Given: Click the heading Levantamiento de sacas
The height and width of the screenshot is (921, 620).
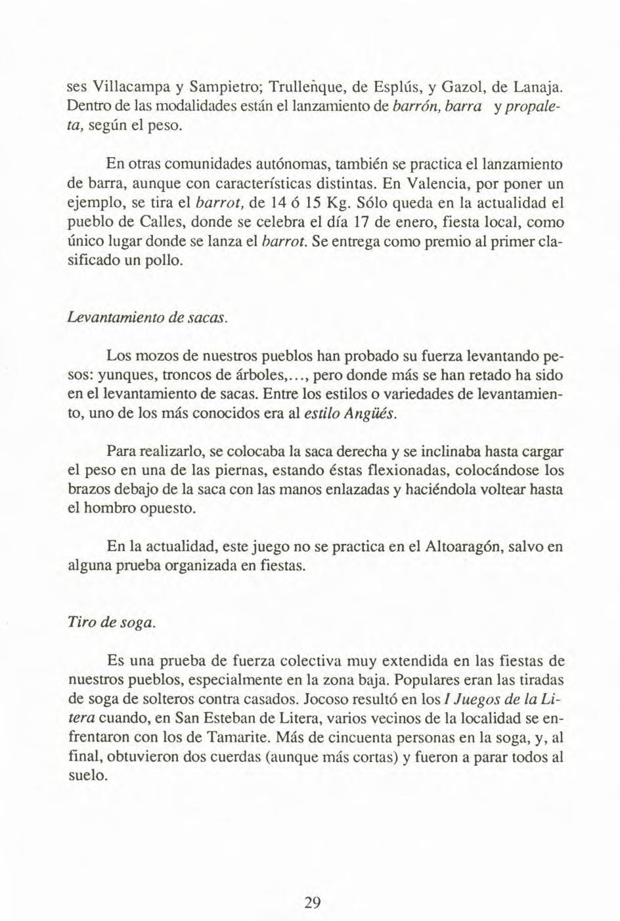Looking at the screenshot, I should pos(148,318).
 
